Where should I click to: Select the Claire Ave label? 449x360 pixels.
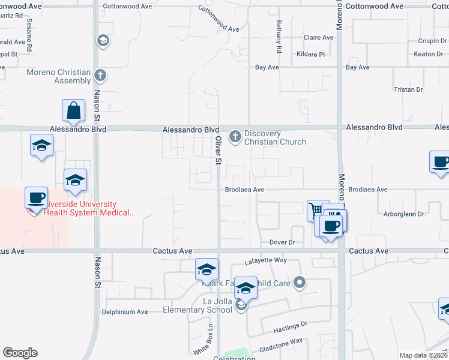[x=318, y=37]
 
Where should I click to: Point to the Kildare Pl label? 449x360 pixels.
[x=310, y=54]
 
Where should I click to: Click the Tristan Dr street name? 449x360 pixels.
[x=408, y=89]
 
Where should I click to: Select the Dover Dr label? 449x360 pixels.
[x=283, y=242]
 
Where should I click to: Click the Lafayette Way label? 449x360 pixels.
[x=266, y=262]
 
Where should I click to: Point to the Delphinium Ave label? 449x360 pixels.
[x=124, y=312]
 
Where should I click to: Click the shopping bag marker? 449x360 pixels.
[x=73, y=110]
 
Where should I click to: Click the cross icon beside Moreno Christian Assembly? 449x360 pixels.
[x=101, y=76]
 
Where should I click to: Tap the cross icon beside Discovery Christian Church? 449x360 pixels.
[x=235, y=136]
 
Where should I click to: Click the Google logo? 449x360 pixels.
[x=20, y=353]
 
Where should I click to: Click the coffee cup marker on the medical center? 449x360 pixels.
[x=36, y=198]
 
